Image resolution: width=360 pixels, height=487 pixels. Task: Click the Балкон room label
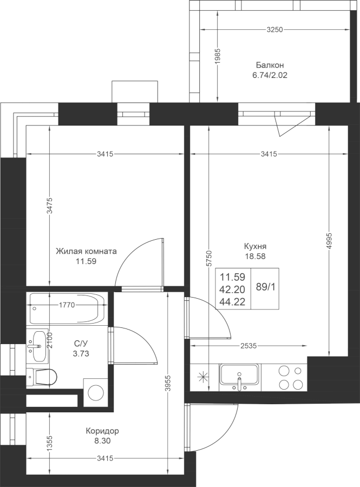pyautogui.click(x=270, y=65)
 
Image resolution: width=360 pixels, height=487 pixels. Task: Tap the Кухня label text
pyautogui.click(x=255, y=246)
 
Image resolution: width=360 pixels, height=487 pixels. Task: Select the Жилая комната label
pyautogui.click(x=87, y=251)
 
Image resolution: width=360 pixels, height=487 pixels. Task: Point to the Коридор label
pyautogui.click(x=102, y=431)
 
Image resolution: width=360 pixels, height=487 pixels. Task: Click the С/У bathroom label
pyautogui.click(x=81, y=343)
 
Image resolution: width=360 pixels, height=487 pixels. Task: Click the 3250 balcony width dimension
pyautogui.click(x=274, y=30)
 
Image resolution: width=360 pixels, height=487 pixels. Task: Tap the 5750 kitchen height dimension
pyautogui.click(x=210, y=258)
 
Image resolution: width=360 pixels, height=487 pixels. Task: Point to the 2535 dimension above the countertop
pyautogui.click(x=248, y=345)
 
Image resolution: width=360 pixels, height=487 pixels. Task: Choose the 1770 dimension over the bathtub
pyautogui.click(x=67, y=305)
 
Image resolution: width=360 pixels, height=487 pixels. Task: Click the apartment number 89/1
pyautogui.click(x=266, y=287)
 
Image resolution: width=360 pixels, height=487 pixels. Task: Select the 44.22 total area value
pyautogui.click(x=232, y=301)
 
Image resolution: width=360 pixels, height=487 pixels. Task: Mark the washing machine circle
pyautogui.click(x=96, y=392)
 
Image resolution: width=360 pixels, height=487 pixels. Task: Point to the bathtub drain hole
pyautogui.click(x=35, y=309)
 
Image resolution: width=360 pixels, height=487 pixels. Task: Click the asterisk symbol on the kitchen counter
pyautogui.click(x=202, y=377)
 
